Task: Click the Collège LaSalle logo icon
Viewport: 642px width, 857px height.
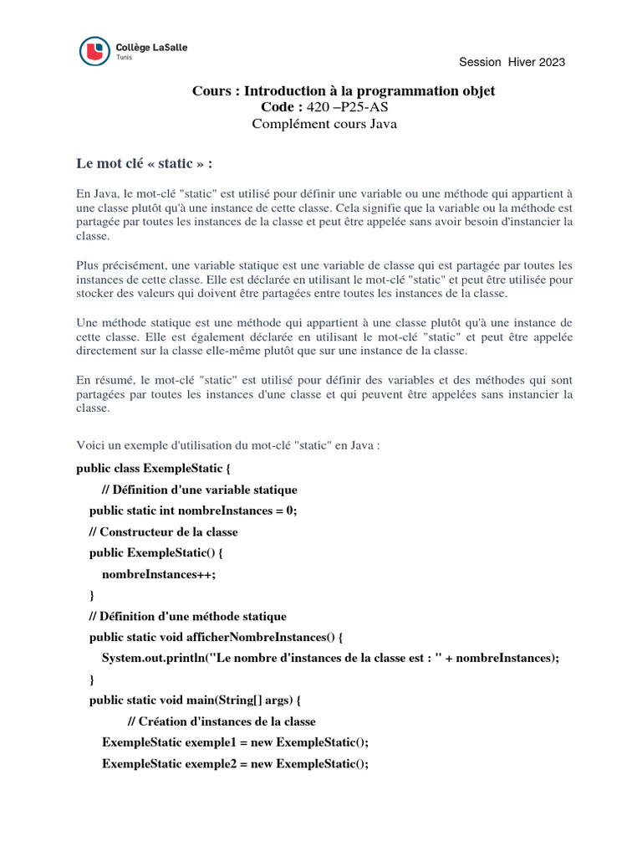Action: tap(94, 51)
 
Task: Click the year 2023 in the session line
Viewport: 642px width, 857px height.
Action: tap(548, 62)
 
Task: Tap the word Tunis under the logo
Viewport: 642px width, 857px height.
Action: tap(124, 58)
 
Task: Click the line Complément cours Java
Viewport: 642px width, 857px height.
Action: tap(325, 124)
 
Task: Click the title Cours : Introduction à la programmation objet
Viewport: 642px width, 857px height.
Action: tap(349, 90)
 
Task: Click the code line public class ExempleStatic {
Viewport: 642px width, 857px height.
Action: tap(152, 468)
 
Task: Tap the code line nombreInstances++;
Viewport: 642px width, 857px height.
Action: tap(159, 574)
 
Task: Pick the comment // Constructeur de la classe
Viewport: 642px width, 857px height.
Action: tap(163, 531)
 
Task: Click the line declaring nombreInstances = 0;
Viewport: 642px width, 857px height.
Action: tap(193, 511)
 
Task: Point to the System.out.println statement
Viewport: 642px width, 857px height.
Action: tap(329, 658)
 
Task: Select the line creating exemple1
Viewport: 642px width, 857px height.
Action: tap(235, 742)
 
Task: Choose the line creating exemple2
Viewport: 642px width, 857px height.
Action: tap(235, 763)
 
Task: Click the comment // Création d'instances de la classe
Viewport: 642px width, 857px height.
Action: tap(222, 721)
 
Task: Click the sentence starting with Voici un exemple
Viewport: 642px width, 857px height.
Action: tap(228, 446)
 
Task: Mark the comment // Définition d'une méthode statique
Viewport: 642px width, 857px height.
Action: tap(188, 616)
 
